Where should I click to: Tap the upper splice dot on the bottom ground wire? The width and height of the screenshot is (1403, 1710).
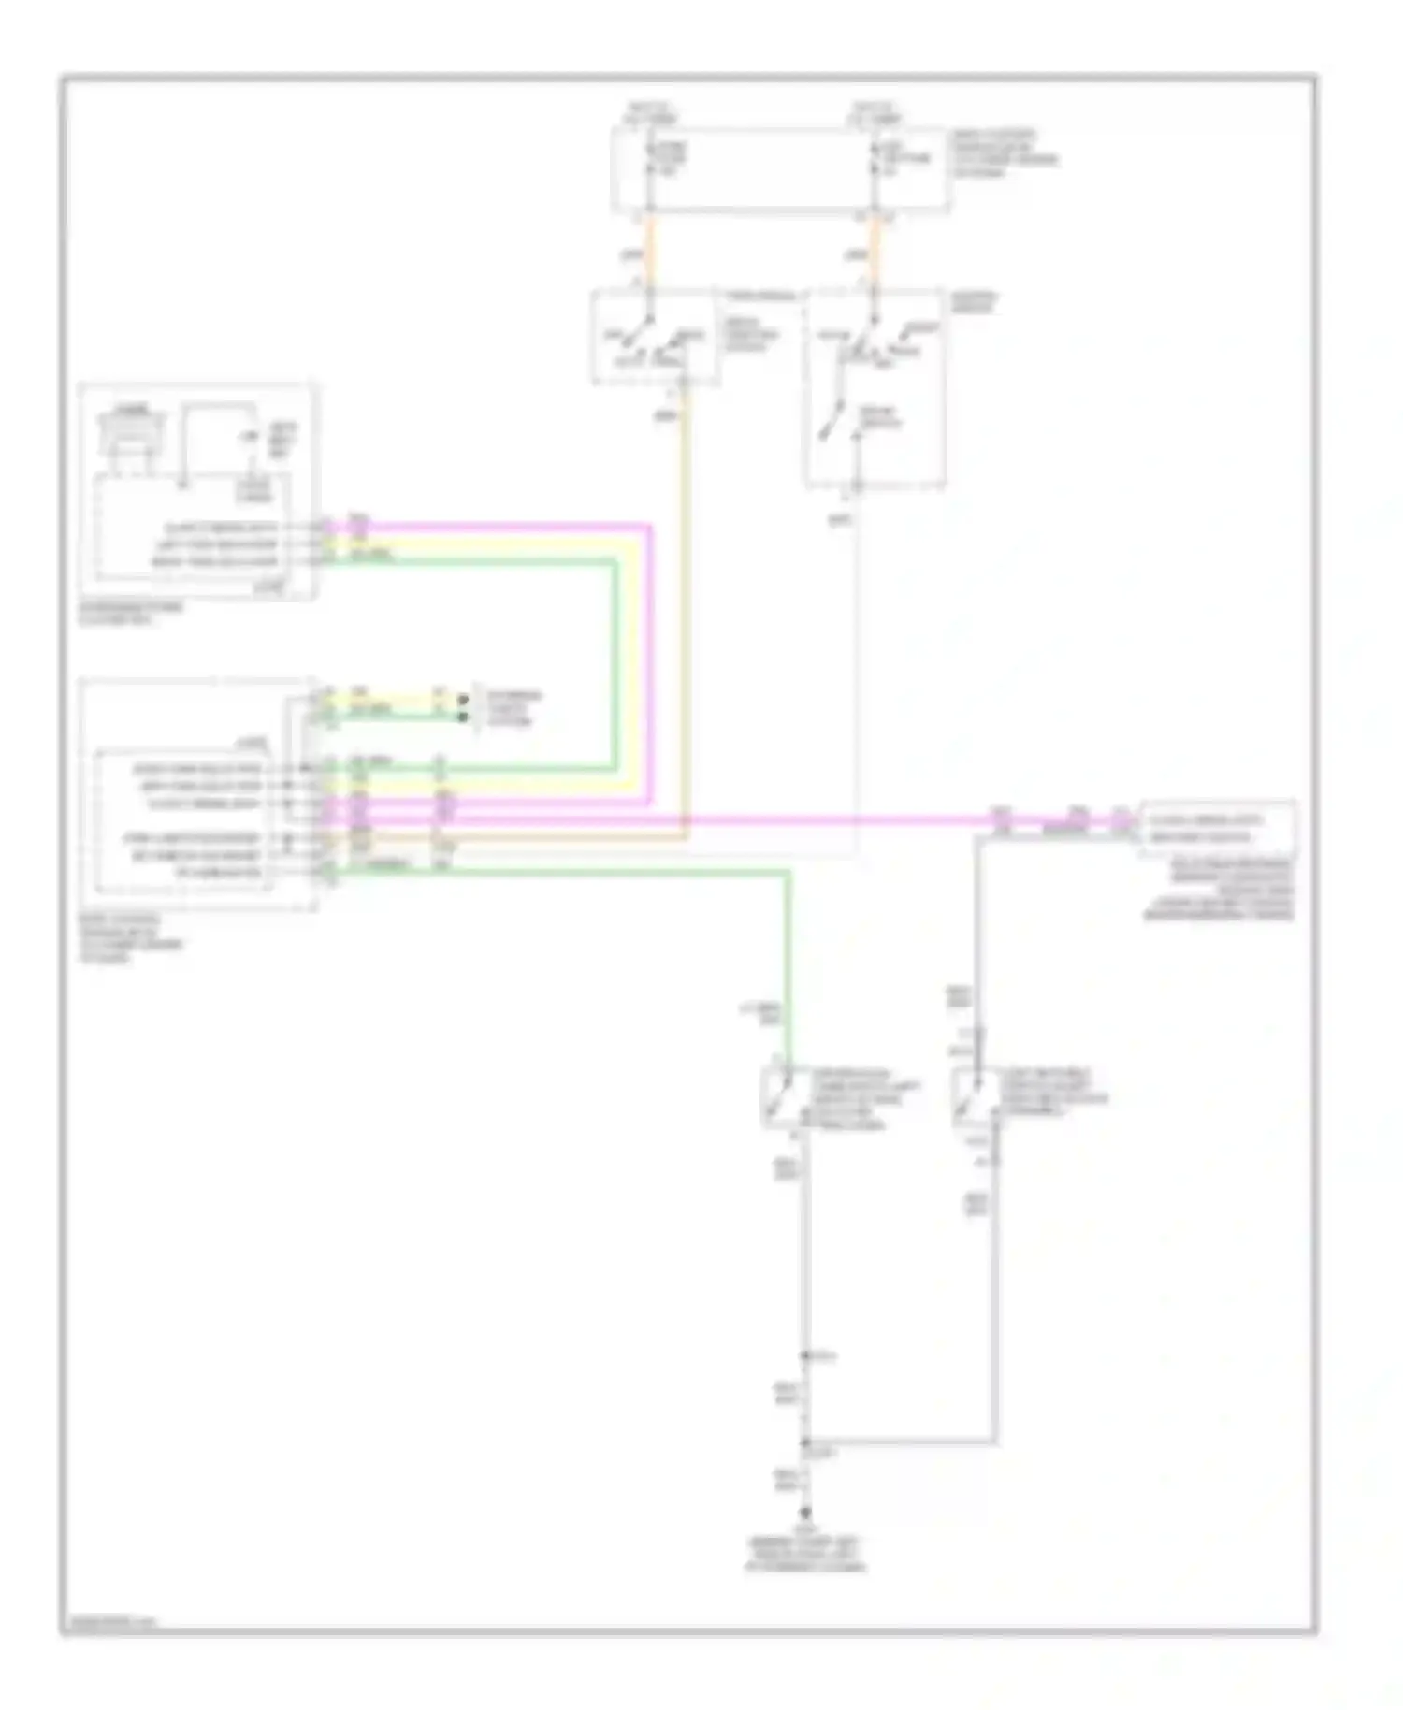(x=803, y=1355)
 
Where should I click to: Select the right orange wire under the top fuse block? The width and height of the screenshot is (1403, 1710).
(x=874, y=251)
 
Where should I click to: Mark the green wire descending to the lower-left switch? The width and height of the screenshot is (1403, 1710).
(x=788, y=964)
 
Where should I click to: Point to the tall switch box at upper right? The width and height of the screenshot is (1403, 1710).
(x=875, y=388)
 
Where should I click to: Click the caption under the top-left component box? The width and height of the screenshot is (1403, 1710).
(x=131, y=613)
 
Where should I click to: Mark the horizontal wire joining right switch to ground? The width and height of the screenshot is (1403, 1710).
(x=898, y=1442)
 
